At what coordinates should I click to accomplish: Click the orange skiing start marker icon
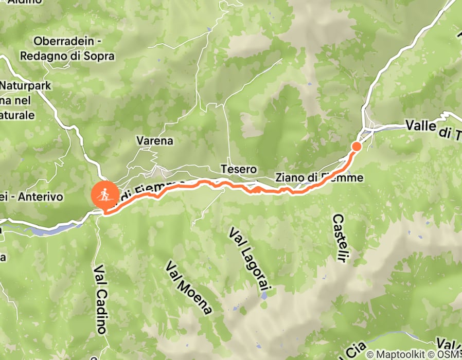point(105,195)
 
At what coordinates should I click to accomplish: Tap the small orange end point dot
point(356,147)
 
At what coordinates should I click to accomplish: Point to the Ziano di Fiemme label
point(319,178)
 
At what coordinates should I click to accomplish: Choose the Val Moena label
point(188,287)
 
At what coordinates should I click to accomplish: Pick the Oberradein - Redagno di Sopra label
point(74,48)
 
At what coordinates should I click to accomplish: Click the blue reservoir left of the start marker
point(51,229)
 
